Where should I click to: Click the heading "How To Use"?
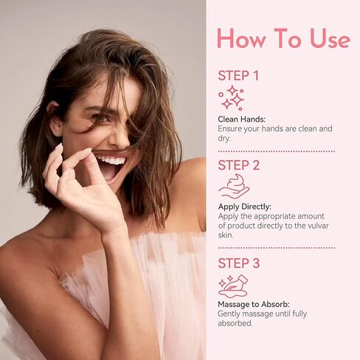pos(283,38)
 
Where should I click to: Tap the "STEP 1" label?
pos(238,75)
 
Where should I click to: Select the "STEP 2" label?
pos(239,165)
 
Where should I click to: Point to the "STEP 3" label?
pos(239,263)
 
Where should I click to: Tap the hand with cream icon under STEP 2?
pos(234,187)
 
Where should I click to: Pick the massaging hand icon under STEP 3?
pos(233,286)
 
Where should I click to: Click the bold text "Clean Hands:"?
pos(242,120)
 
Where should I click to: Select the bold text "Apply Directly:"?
pos(244,207)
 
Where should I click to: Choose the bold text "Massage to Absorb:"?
pos(254,305)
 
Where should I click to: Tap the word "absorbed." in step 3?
pos(235,323)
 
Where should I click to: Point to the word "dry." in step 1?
pos(224,138)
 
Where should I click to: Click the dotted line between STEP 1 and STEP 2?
pos(277,151)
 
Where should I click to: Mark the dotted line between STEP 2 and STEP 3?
pos(277,248)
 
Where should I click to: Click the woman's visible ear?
pos(54,120)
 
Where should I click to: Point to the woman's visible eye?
pos(100,117)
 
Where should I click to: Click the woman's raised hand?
pos(80,187)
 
